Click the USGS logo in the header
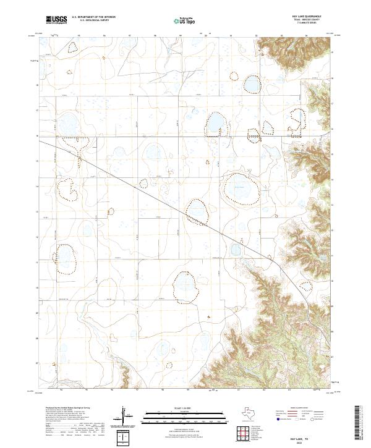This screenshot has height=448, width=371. click(x=56, y=20)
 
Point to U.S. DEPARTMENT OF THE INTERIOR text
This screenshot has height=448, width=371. click(x=93, y=18)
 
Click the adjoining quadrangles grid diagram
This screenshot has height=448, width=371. click(x=247, y=433)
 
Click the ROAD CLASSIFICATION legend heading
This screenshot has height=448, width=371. click(x=300, y=409)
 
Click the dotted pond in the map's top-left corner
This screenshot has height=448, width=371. click(x=73, y=46)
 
